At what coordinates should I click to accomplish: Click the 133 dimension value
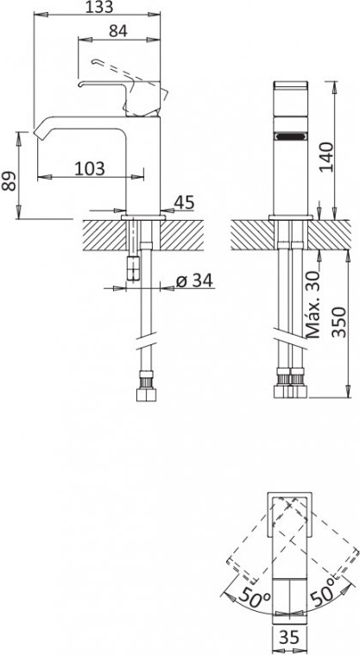tap(99, 7)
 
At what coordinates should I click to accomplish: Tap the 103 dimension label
tap(90, 168)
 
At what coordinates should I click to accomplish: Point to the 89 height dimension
tap(9, 181)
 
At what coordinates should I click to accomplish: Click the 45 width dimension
tap(185, 202)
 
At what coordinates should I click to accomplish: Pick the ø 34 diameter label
tap(194, 280)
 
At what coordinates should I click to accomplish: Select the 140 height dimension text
tap(327, 157)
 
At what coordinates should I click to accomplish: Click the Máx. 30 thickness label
tap(313, 304)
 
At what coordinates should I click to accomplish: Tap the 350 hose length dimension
tap(339, 322)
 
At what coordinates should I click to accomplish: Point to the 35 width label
tap(289, 638)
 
